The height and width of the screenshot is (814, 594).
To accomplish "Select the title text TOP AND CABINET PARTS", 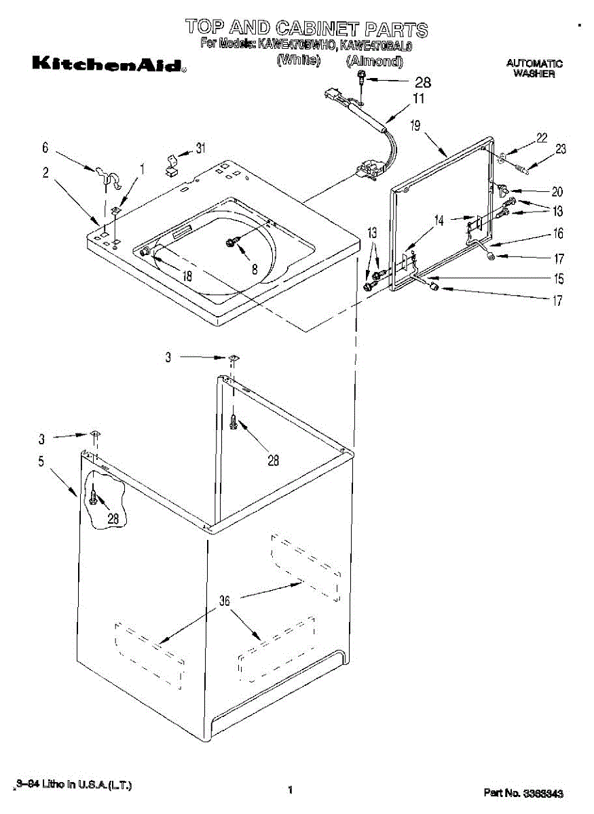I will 307,28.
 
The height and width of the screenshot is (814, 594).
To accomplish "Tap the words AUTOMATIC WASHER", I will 534,69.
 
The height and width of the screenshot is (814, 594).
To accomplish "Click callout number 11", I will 419,99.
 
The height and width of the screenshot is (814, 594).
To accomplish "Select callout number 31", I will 200,149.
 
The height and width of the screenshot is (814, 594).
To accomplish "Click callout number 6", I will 45,147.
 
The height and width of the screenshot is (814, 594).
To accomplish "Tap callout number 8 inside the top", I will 255,269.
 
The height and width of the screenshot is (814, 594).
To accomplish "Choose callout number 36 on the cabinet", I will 225,601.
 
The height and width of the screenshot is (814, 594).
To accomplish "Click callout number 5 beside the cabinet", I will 41,462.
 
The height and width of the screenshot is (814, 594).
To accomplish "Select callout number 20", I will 557,192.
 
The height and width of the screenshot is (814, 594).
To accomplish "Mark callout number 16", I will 558,234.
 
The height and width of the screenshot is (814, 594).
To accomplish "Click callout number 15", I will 558,278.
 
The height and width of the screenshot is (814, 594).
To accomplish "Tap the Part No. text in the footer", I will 523,792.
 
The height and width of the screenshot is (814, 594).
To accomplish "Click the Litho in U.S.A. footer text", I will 73,785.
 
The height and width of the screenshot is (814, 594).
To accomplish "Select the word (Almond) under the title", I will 375,61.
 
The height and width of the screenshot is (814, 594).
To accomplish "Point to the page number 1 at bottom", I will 290,790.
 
